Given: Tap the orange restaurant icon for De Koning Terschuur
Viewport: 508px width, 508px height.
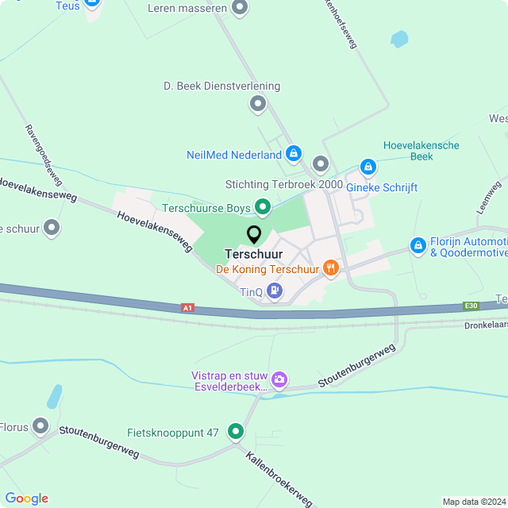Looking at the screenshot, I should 331,268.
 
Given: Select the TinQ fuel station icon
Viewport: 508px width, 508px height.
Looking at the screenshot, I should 275,291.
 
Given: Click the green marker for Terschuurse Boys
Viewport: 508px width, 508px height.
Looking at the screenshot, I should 262,208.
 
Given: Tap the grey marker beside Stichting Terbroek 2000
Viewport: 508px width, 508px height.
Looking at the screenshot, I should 320,164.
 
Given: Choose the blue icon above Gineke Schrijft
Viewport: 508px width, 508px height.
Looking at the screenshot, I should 368,167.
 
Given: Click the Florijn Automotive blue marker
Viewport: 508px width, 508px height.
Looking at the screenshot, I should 418,246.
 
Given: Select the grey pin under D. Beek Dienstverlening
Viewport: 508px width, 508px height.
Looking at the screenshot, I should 257,103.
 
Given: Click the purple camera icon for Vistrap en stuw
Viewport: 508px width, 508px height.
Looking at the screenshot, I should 279,380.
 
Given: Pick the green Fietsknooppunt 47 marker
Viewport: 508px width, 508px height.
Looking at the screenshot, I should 236,432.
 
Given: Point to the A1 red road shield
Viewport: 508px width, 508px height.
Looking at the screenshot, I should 187,307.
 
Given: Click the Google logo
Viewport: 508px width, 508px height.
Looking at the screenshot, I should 26,498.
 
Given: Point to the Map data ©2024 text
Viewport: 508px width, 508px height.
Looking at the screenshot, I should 474,502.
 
